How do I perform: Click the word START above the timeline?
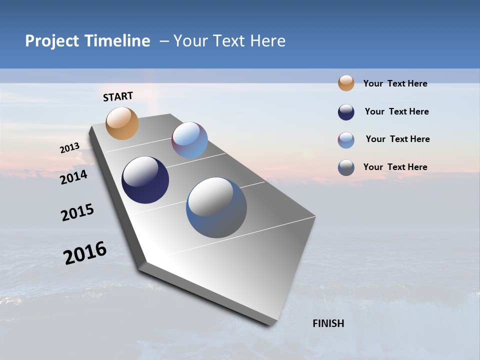(x=118, y=96)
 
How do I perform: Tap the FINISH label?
(x=328, y=323)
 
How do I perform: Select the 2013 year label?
(x=70, y=148)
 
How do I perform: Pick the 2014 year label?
(x=74, y=177)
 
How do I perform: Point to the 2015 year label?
(x=77, y=212)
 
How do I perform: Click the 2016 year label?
(x=85, y=253)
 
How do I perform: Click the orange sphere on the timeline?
(x=122, y=123)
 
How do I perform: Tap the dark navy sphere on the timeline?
(x=145, y=180)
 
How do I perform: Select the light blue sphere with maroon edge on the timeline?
(x=189, y=140)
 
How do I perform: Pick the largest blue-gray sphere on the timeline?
(x=216, y=207)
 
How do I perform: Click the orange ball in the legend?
(x=346, y=83)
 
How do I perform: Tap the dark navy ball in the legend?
(x=346, y=112)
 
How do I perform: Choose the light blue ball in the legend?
(x=346, y=140)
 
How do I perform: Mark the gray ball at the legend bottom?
(x=346, y=167)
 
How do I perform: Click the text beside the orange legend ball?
(x=395, y=83)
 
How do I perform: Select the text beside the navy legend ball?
(x=396, y=111)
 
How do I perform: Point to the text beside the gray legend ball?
(x=395, y=167)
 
